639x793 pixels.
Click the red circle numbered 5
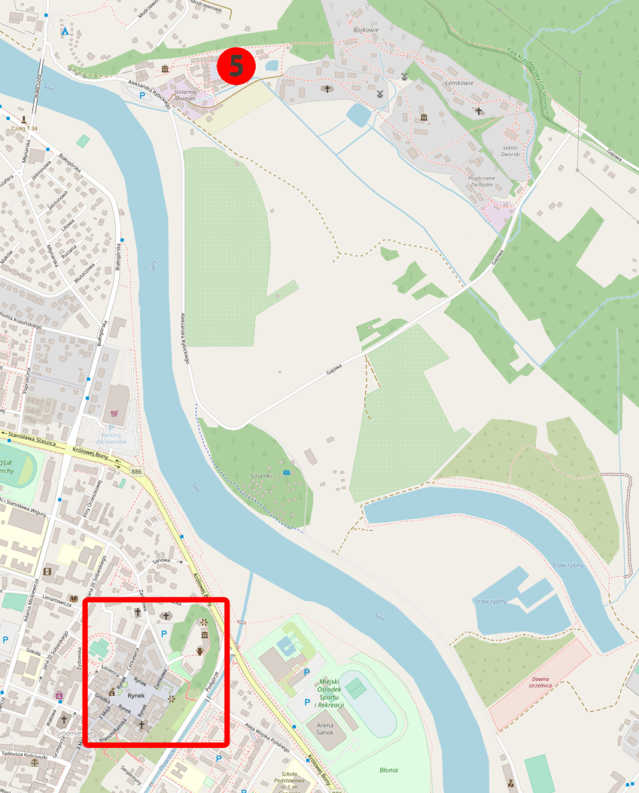236,65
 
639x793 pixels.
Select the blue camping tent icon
65,31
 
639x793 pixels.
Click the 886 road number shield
137,470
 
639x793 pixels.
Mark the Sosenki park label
262,475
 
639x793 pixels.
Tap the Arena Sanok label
325,729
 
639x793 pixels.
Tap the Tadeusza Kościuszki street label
24,755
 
